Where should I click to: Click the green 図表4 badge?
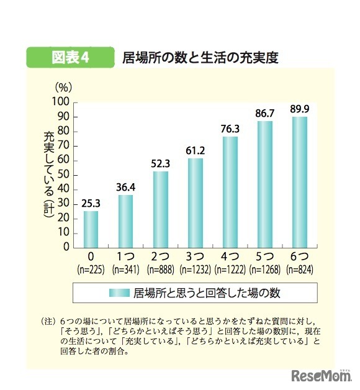pos(70,57)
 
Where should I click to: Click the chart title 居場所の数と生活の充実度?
pos(199,58)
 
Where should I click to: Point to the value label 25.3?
pos(91,203)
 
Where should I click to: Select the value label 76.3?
pos(230,129)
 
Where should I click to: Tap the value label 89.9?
pos(300,109)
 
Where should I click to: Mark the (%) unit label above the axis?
pos(64,88)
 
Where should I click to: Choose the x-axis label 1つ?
pos(126,256)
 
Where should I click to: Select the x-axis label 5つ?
pos(265,256)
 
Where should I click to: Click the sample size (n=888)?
pos(161,270)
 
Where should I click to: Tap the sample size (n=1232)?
pos(196,270)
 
